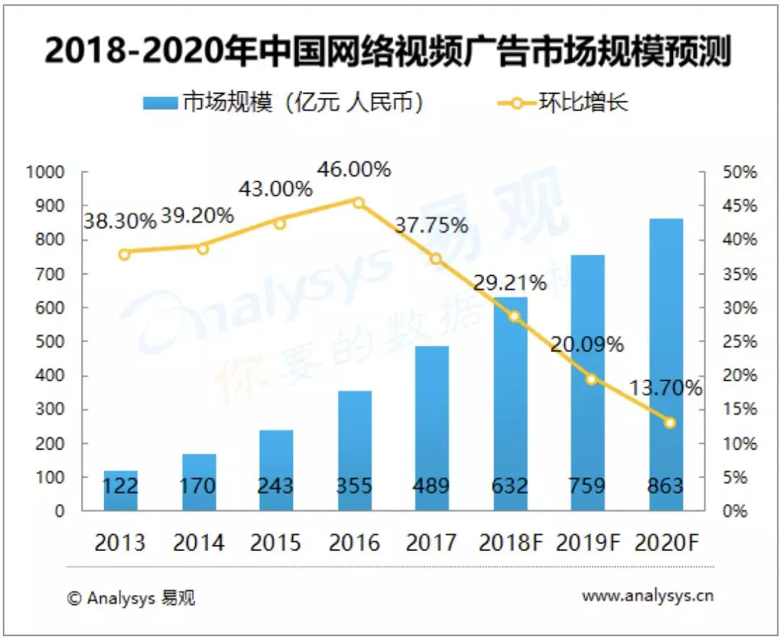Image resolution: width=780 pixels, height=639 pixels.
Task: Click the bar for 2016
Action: pyautogui.click(x=354, y=451)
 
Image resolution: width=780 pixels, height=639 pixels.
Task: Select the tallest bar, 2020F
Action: pyautogui.click(x=665, y=365)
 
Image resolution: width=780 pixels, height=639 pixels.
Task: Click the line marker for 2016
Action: pyautogui.click(x=358, y=202)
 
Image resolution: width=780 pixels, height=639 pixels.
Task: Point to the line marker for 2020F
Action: pyautogui.click(x=669, y=422)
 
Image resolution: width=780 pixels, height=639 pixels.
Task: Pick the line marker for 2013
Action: pyautogui.click(x=125, y=254)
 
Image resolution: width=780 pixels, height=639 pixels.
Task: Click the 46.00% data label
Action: pyautogui.click(x=354, y=170)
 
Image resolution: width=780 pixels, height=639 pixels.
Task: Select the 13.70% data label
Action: pyautogui.click(x=664, y=388)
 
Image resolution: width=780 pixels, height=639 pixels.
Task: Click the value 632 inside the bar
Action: pyautogui.click(x=509, y=485)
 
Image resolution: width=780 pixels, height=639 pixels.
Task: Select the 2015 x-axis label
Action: pyautogui.click(x=276, y=542)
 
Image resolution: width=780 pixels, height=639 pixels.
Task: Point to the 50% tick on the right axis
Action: pyautogui.click(x=740, y=173)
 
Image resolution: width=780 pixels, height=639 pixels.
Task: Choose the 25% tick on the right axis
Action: pyautogui.click(x=740, y=342)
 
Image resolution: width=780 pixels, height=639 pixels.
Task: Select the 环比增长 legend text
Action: pyautogui.click(x=584, y=102)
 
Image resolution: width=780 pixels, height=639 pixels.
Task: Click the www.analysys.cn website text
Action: pyautogui.click(x=648, y=596)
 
